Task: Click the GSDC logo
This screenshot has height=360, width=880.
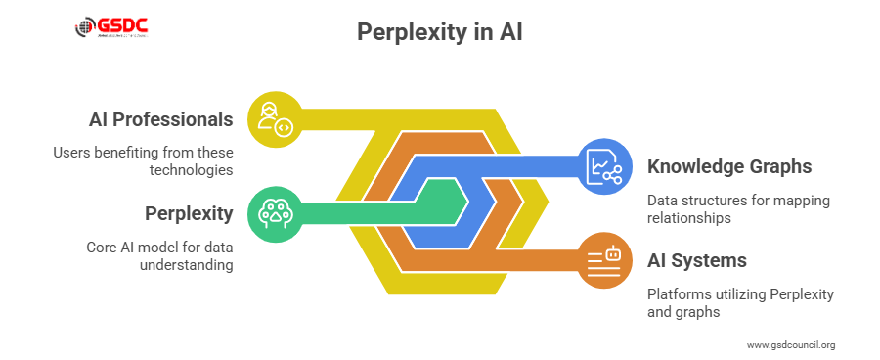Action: pos(116,26)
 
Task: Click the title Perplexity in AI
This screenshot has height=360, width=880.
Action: pos(439,32)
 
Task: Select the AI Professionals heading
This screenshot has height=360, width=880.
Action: pos(160,120)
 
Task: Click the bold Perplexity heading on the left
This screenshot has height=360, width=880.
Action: pos(188,213)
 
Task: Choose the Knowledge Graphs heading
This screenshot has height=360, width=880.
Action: pos(729,166)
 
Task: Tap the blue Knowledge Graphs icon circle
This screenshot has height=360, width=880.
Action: pos(604,166)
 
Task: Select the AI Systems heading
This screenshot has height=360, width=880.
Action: pos(697,260)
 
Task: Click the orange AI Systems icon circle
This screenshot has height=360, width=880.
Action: pos(604,260)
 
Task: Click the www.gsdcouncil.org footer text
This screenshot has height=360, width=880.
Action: pos(791,344)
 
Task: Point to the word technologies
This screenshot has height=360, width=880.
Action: pos(193,170)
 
